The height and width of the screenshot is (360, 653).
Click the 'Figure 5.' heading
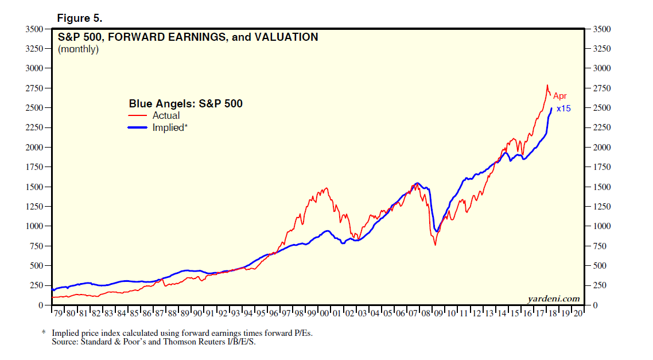80,18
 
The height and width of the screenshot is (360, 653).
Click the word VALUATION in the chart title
285,37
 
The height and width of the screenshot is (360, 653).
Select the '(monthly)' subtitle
79,49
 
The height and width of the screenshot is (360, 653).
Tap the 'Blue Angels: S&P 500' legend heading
185,104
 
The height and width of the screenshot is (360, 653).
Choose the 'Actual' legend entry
166,115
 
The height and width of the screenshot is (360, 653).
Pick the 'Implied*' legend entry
170,127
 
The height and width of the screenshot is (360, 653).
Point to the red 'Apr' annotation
560,96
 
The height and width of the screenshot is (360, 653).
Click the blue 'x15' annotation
563,109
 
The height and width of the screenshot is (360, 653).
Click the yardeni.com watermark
553,299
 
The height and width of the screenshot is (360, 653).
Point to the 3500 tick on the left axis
35,29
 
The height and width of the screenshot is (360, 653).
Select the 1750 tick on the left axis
35,167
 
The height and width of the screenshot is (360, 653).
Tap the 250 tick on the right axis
600,285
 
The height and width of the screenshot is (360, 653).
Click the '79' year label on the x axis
58,313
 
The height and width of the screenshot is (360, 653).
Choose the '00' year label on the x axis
324,313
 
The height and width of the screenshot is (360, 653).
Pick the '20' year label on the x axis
577,313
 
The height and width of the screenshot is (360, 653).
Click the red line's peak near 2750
547,85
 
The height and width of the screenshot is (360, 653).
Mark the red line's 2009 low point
435,245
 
